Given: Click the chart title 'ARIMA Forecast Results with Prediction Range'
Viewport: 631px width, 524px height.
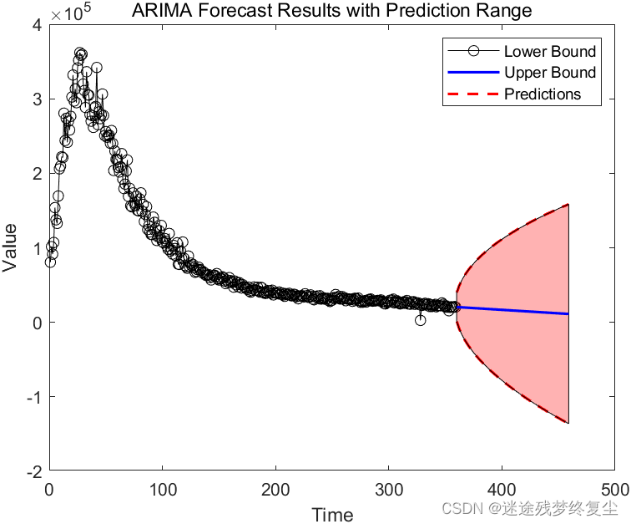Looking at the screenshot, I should tap(331, 10).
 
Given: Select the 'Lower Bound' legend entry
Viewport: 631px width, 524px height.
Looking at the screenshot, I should tap(549, 52).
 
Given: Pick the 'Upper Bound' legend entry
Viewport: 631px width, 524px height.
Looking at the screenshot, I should tap(549, 73).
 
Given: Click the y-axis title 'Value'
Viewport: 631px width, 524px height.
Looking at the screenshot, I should tap(11, 248).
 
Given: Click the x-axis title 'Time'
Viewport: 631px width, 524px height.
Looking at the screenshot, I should tap(332, 515).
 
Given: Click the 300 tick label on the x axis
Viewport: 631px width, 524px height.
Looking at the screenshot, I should tap(389, 488).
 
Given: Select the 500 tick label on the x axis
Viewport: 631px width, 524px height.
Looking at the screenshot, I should tap(614, 488).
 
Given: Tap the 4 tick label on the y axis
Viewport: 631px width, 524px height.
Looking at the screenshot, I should tap(37, 25).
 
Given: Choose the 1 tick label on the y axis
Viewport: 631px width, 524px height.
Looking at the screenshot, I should tap(37, 248).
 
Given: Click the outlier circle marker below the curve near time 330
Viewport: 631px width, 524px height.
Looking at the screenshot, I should tap(421, 320).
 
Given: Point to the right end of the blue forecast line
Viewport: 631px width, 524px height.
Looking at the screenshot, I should tap(568, 314).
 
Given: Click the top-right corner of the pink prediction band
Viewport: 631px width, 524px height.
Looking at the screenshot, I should tap(568, 204).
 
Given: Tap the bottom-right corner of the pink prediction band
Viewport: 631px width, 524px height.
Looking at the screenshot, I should tap(568, 423).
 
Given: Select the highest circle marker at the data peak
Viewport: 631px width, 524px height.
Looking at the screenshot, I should tap(80, 53).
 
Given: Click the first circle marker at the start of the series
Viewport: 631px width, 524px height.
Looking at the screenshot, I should tap(50, 262).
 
